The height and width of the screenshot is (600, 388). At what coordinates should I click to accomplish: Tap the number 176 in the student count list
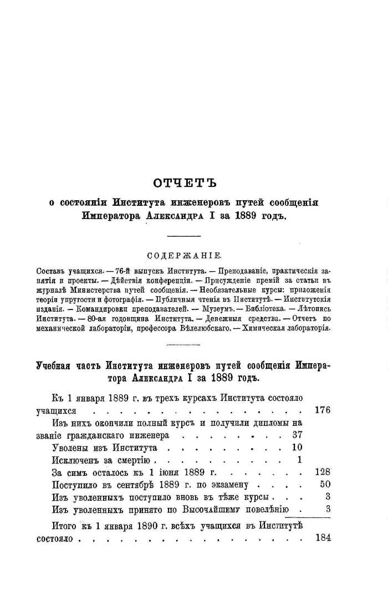[x=321, y=411]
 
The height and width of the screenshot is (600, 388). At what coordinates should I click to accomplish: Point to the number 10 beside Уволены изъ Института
[x=297, y=448]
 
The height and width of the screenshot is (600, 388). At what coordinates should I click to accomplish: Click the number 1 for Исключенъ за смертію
[x=299, y=460]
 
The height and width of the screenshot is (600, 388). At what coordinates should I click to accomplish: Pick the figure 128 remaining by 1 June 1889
[x=321, y=472]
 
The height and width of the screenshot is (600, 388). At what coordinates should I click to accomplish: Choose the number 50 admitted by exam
[x=325, y=484]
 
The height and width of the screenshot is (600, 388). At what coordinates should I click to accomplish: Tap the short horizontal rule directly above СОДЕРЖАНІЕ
[x=183, y=237]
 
